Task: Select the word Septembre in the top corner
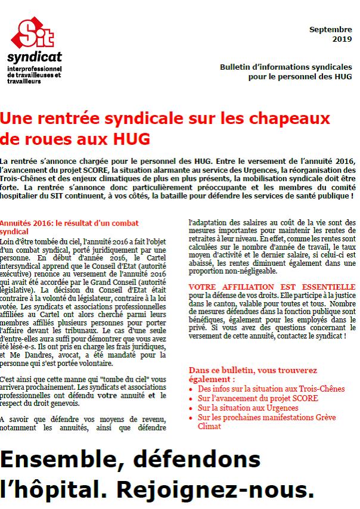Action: pyautogui.click(x=330, y=29)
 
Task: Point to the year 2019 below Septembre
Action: pyautogui.click(x=342, y=39)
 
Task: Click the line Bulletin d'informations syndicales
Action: pyautogui.click(x=286, y=67)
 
